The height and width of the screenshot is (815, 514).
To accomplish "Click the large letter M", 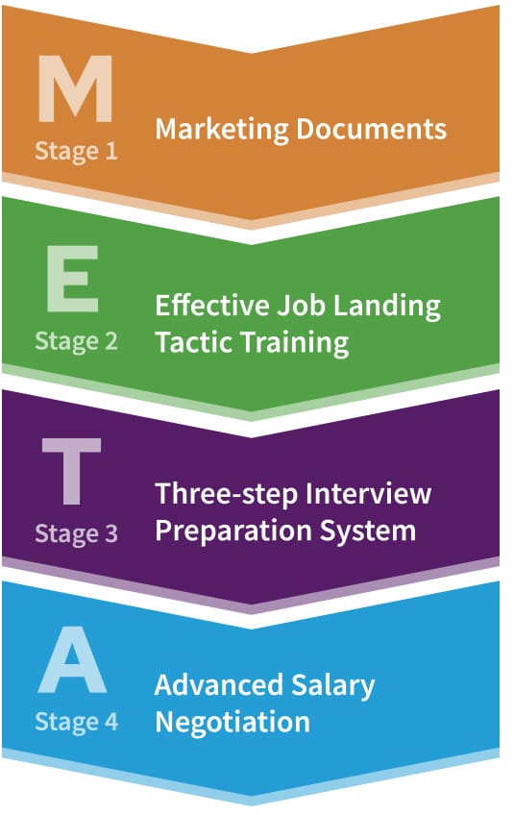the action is [x=75, y=88].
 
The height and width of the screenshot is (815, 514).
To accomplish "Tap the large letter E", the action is [x=72, y=279].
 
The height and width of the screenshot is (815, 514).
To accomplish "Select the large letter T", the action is [x=72, y=471].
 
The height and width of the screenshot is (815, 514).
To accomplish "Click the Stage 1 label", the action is [x=77, y=152].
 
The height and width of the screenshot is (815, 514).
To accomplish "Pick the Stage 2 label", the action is [x=77, y=342].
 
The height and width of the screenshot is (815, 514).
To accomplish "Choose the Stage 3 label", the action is [x=77, y=534].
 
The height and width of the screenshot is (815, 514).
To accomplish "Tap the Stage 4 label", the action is [x=77, y=723].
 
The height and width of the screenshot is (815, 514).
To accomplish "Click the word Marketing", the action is [x=222, y=130].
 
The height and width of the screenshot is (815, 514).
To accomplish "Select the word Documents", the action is [x=371, y=129].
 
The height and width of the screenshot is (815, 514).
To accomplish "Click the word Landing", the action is [x=386, y=307].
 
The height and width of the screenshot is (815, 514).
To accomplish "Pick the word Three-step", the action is [x=228, y=495].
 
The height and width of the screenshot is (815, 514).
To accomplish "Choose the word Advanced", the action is [x=219, y=684].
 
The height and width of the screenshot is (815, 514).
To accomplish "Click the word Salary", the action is [x=332, y=686].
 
